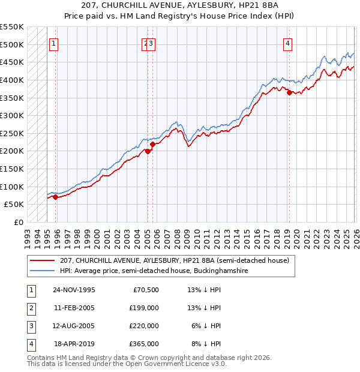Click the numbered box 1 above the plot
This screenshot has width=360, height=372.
point(54,43)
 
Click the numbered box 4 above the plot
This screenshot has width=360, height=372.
point(289,43)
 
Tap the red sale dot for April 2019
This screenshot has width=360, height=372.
point(289,92)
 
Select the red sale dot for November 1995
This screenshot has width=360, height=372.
point(55,197)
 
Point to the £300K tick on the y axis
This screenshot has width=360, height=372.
point(12,115)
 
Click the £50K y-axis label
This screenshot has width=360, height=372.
point(14,204)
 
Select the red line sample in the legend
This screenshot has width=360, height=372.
point(43,261)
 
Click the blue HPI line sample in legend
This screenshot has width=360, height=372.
point(43,271)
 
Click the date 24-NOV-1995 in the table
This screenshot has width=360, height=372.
point(74,290)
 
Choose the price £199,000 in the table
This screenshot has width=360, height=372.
point(144,308)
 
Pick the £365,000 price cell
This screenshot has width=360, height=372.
point(144,344)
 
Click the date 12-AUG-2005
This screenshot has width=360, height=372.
point(74,326)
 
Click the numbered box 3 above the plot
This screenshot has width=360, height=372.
point(152,43)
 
